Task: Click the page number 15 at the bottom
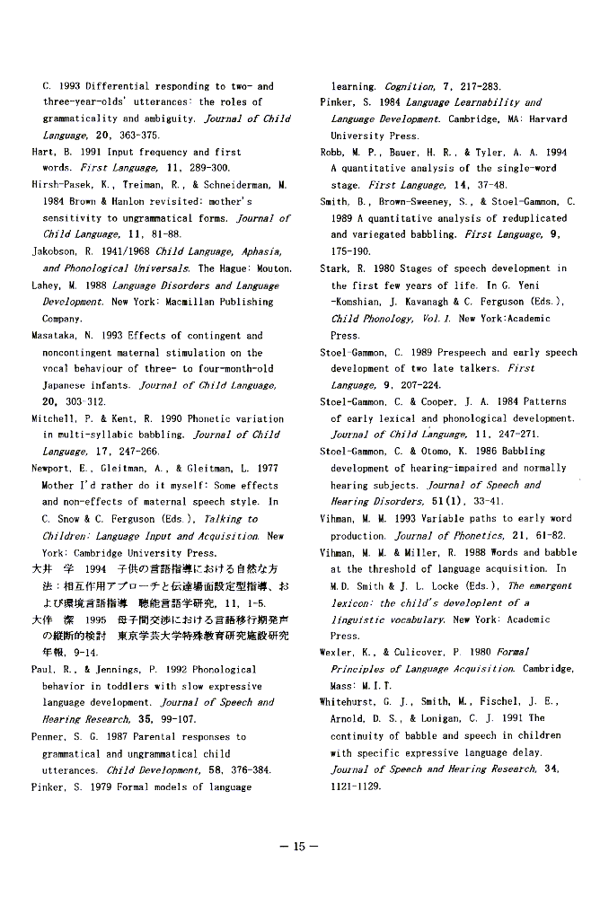tap(299, 846)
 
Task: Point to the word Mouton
tap(272, 268)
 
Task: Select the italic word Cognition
tap(410, 86)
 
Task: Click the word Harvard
tap(547, 119)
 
